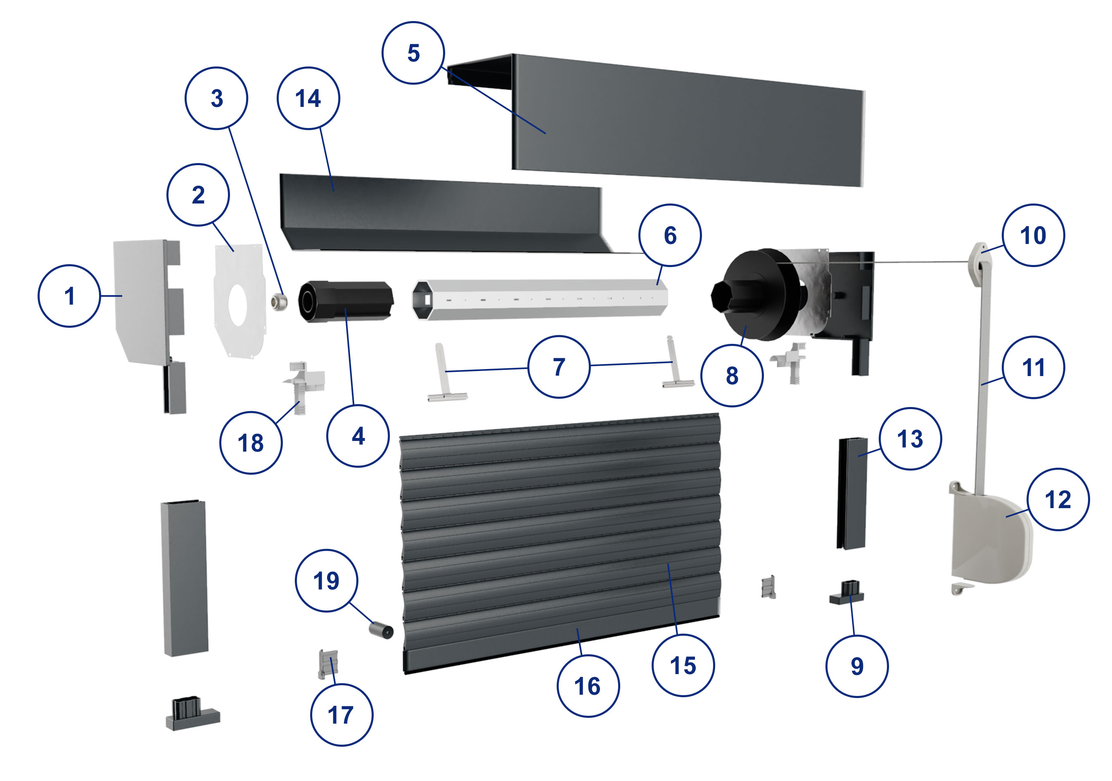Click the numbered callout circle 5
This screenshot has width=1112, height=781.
point(413,53)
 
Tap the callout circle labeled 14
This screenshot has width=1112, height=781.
point(308,98)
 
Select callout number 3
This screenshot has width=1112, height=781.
point(216,98)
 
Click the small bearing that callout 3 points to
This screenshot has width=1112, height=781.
point(280,302)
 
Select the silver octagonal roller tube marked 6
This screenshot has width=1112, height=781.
point(540,298)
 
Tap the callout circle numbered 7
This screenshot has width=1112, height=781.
point(559,367)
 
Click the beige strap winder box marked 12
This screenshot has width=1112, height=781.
point(991,537)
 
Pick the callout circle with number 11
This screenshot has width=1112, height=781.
point(1034,367)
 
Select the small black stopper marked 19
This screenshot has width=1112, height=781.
point(382,630)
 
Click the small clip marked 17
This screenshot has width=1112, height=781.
point(328,664)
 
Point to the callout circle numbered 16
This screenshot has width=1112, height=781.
point(588,686)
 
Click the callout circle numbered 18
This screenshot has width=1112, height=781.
point(251,443)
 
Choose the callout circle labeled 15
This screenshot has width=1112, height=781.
point(683,666)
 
